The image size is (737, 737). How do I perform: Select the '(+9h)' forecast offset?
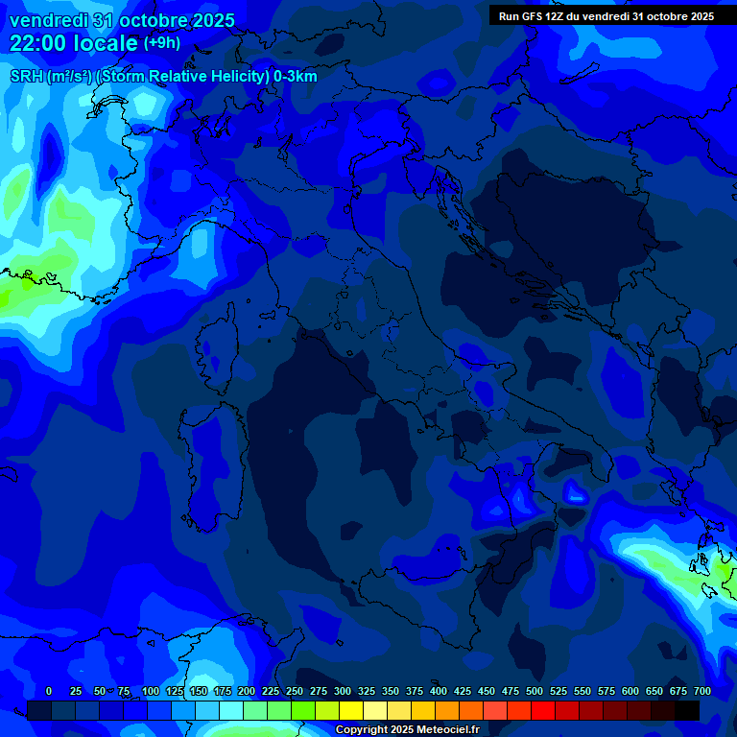[161, 43]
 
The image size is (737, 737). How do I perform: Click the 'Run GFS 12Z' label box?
[606, 16]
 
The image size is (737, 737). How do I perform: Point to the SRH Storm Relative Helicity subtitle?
[163, 77]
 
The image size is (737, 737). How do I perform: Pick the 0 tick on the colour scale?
[49, 691]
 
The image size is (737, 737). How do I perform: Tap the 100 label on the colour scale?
[151, 691]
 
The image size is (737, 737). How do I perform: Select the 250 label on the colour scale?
[295, 691]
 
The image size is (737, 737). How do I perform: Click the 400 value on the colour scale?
[439, 691]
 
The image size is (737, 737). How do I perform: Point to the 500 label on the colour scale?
[535, 691]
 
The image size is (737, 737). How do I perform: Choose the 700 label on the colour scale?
[702, 691]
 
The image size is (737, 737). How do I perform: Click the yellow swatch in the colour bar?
[351, 710]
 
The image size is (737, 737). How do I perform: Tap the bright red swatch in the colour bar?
[543, 710]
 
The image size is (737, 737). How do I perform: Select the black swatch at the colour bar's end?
[687, 710]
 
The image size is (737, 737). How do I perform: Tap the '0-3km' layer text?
[296, 77]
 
